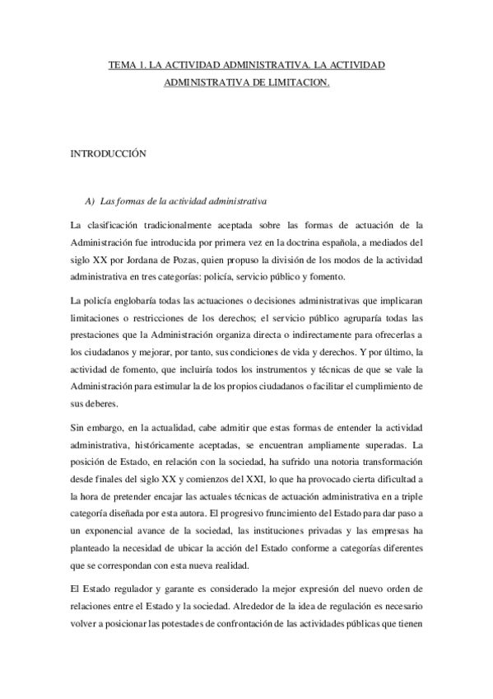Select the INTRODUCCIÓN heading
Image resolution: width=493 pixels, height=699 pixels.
pos(107,153)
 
